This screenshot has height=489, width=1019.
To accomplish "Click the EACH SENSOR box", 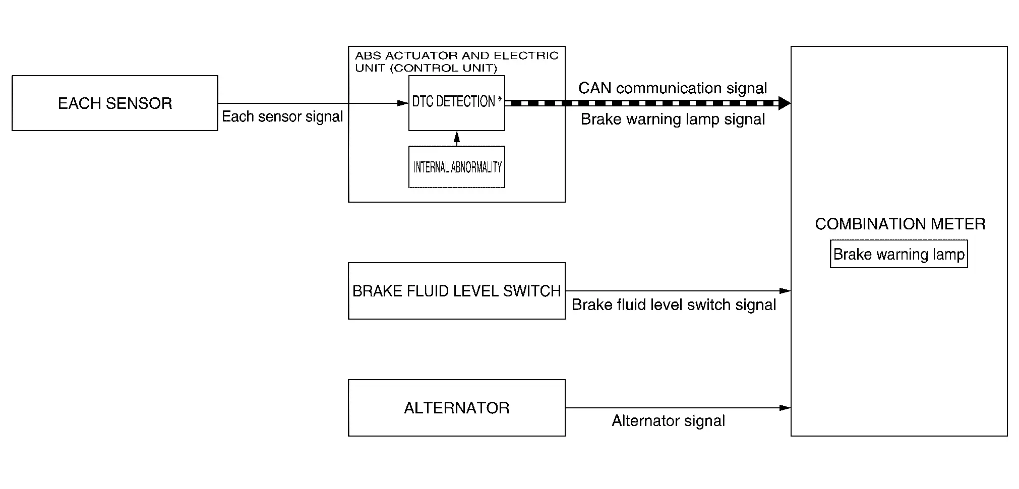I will [115, 103].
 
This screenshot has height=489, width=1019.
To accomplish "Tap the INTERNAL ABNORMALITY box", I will [457, 167].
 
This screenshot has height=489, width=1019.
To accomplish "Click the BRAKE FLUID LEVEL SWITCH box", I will [456, 291].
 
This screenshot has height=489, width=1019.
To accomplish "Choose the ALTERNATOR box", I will [456, 408].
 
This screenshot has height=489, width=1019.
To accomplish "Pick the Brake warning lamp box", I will [898, 254].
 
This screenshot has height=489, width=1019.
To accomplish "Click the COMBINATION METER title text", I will [900, 224].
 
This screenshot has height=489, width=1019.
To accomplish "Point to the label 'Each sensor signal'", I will [282, 116].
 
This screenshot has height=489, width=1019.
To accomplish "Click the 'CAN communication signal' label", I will [673, 88].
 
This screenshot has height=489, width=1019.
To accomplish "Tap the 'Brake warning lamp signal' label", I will [673, 119].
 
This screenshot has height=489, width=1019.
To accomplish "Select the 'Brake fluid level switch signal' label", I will [674, 305].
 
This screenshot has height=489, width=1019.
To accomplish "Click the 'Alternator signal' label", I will [669, 421].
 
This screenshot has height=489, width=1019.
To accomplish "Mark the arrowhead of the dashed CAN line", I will [785, 103].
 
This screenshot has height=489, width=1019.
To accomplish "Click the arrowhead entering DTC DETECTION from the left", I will [403, 103].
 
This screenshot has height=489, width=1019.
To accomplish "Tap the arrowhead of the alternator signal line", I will [785, 408].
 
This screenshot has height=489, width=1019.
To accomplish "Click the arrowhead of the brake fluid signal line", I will [785, 291].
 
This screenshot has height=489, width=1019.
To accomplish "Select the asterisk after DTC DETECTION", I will [500, 100].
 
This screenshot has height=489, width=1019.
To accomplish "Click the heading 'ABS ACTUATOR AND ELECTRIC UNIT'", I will [456, 62].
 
